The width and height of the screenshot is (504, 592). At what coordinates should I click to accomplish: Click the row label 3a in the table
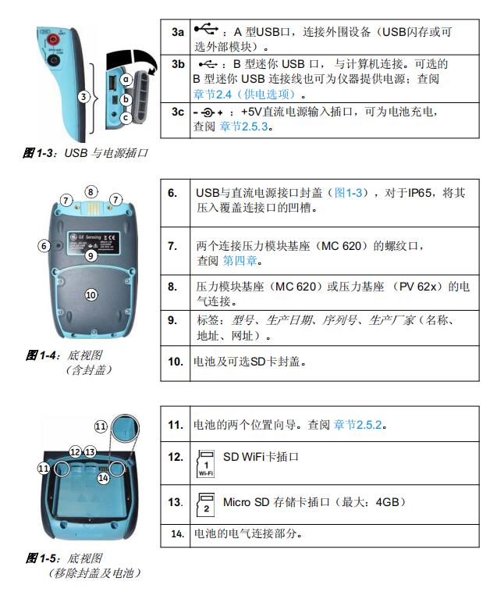(x=178, y=32)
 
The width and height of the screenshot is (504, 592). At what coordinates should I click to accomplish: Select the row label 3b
(x=178, y=64)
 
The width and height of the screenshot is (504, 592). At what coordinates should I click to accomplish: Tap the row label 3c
(x=178, y=112)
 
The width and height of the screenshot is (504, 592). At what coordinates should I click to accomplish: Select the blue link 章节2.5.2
(x=360, y=426)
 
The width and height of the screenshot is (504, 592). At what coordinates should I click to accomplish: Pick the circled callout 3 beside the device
(x=83, y=97)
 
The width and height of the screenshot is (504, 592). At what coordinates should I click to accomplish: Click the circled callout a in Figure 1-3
(x=125, y=79)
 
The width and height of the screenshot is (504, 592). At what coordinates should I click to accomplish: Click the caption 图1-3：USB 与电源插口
(x=85, y=153)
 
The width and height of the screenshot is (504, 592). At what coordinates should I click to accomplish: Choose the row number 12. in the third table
(x=176, y=457)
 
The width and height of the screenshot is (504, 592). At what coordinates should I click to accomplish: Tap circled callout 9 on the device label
(x=91, y=255)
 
